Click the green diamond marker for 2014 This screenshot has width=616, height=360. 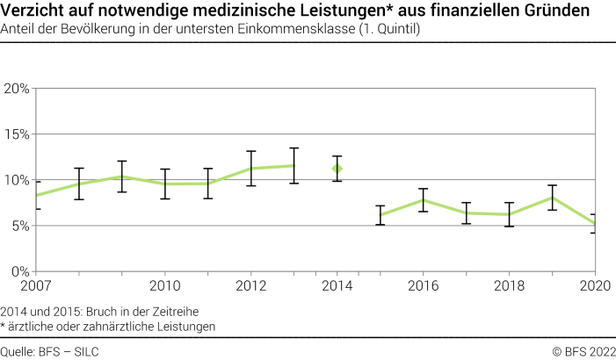[337, 168]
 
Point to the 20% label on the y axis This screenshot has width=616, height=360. [18, 89]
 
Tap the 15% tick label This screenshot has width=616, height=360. [18, 134]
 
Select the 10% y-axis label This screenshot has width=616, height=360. [18, 180]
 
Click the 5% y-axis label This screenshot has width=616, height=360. [20, 226]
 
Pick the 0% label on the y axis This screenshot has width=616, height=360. [20, 271]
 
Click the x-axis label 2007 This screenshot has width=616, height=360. [36, 286]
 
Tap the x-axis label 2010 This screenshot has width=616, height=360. [164, 286]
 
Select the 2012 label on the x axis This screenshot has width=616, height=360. [250, 286]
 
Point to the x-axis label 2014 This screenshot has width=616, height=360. [337, 286]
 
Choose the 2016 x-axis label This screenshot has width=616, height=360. [423, 286]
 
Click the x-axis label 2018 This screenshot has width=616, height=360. [509, 286]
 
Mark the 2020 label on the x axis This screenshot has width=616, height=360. [595, 286]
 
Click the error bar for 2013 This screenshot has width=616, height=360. [294, 165]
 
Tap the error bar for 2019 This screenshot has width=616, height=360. [552, 198]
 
